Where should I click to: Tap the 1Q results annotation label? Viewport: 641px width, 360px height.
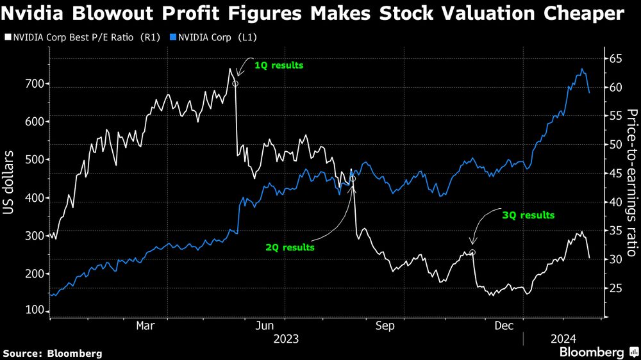coord(279,65)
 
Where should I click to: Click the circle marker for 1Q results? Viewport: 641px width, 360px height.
coord(235,83)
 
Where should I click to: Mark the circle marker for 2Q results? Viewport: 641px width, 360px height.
coord(352,179)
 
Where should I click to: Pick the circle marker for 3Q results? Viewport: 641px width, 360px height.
coord(472,252)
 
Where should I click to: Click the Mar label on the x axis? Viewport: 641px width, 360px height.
coord(145,326)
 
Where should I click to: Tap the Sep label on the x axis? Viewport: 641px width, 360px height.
coord(385,326)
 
